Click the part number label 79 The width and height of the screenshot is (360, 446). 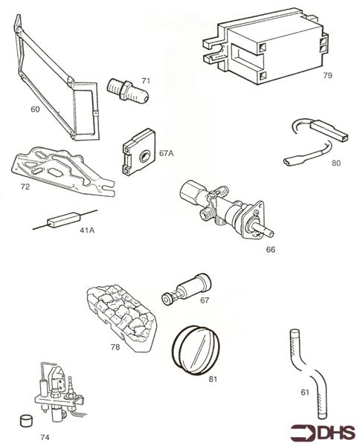click(x=327, y=75)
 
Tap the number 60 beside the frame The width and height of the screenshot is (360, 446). click(x=35, y=109)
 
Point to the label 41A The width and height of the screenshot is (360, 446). click(x=87, y=230)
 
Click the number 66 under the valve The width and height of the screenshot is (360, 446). click(x=271, y=249)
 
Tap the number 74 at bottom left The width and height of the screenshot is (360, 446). click(x=45, y=437)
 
